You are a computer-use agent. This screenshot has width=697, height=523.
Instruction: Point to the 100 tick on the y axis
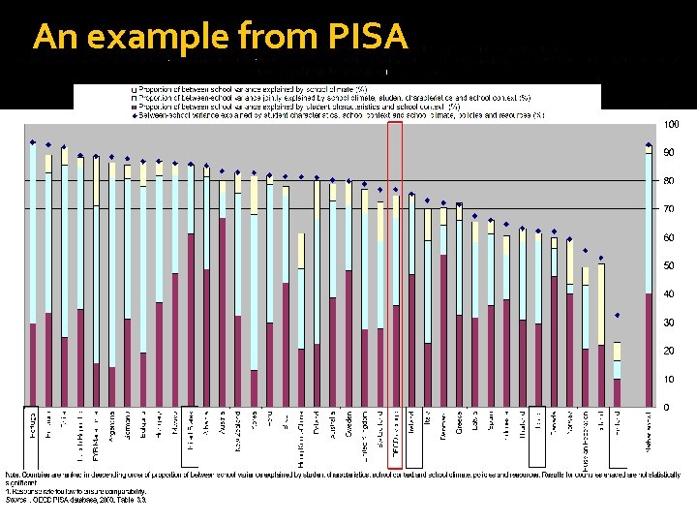pos(671,125)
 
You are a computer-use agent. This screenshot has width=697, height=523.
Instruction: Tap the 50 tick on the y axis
pos(669,265)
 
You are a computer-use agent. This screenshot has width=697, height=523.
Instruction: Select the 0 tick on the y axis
pos(666,407)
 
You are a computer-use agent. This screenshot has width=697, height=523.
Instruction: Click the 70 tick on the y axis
pos(669,209)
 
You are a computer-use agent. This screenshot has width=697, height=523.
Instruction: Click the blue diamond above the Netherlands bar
pos(648,145)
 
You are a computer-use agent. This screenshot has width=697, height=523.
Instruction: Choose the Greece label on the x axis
pos(458,426)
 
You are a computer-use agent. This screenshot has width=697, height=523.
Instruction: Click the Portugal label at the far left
pos(33,427)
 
